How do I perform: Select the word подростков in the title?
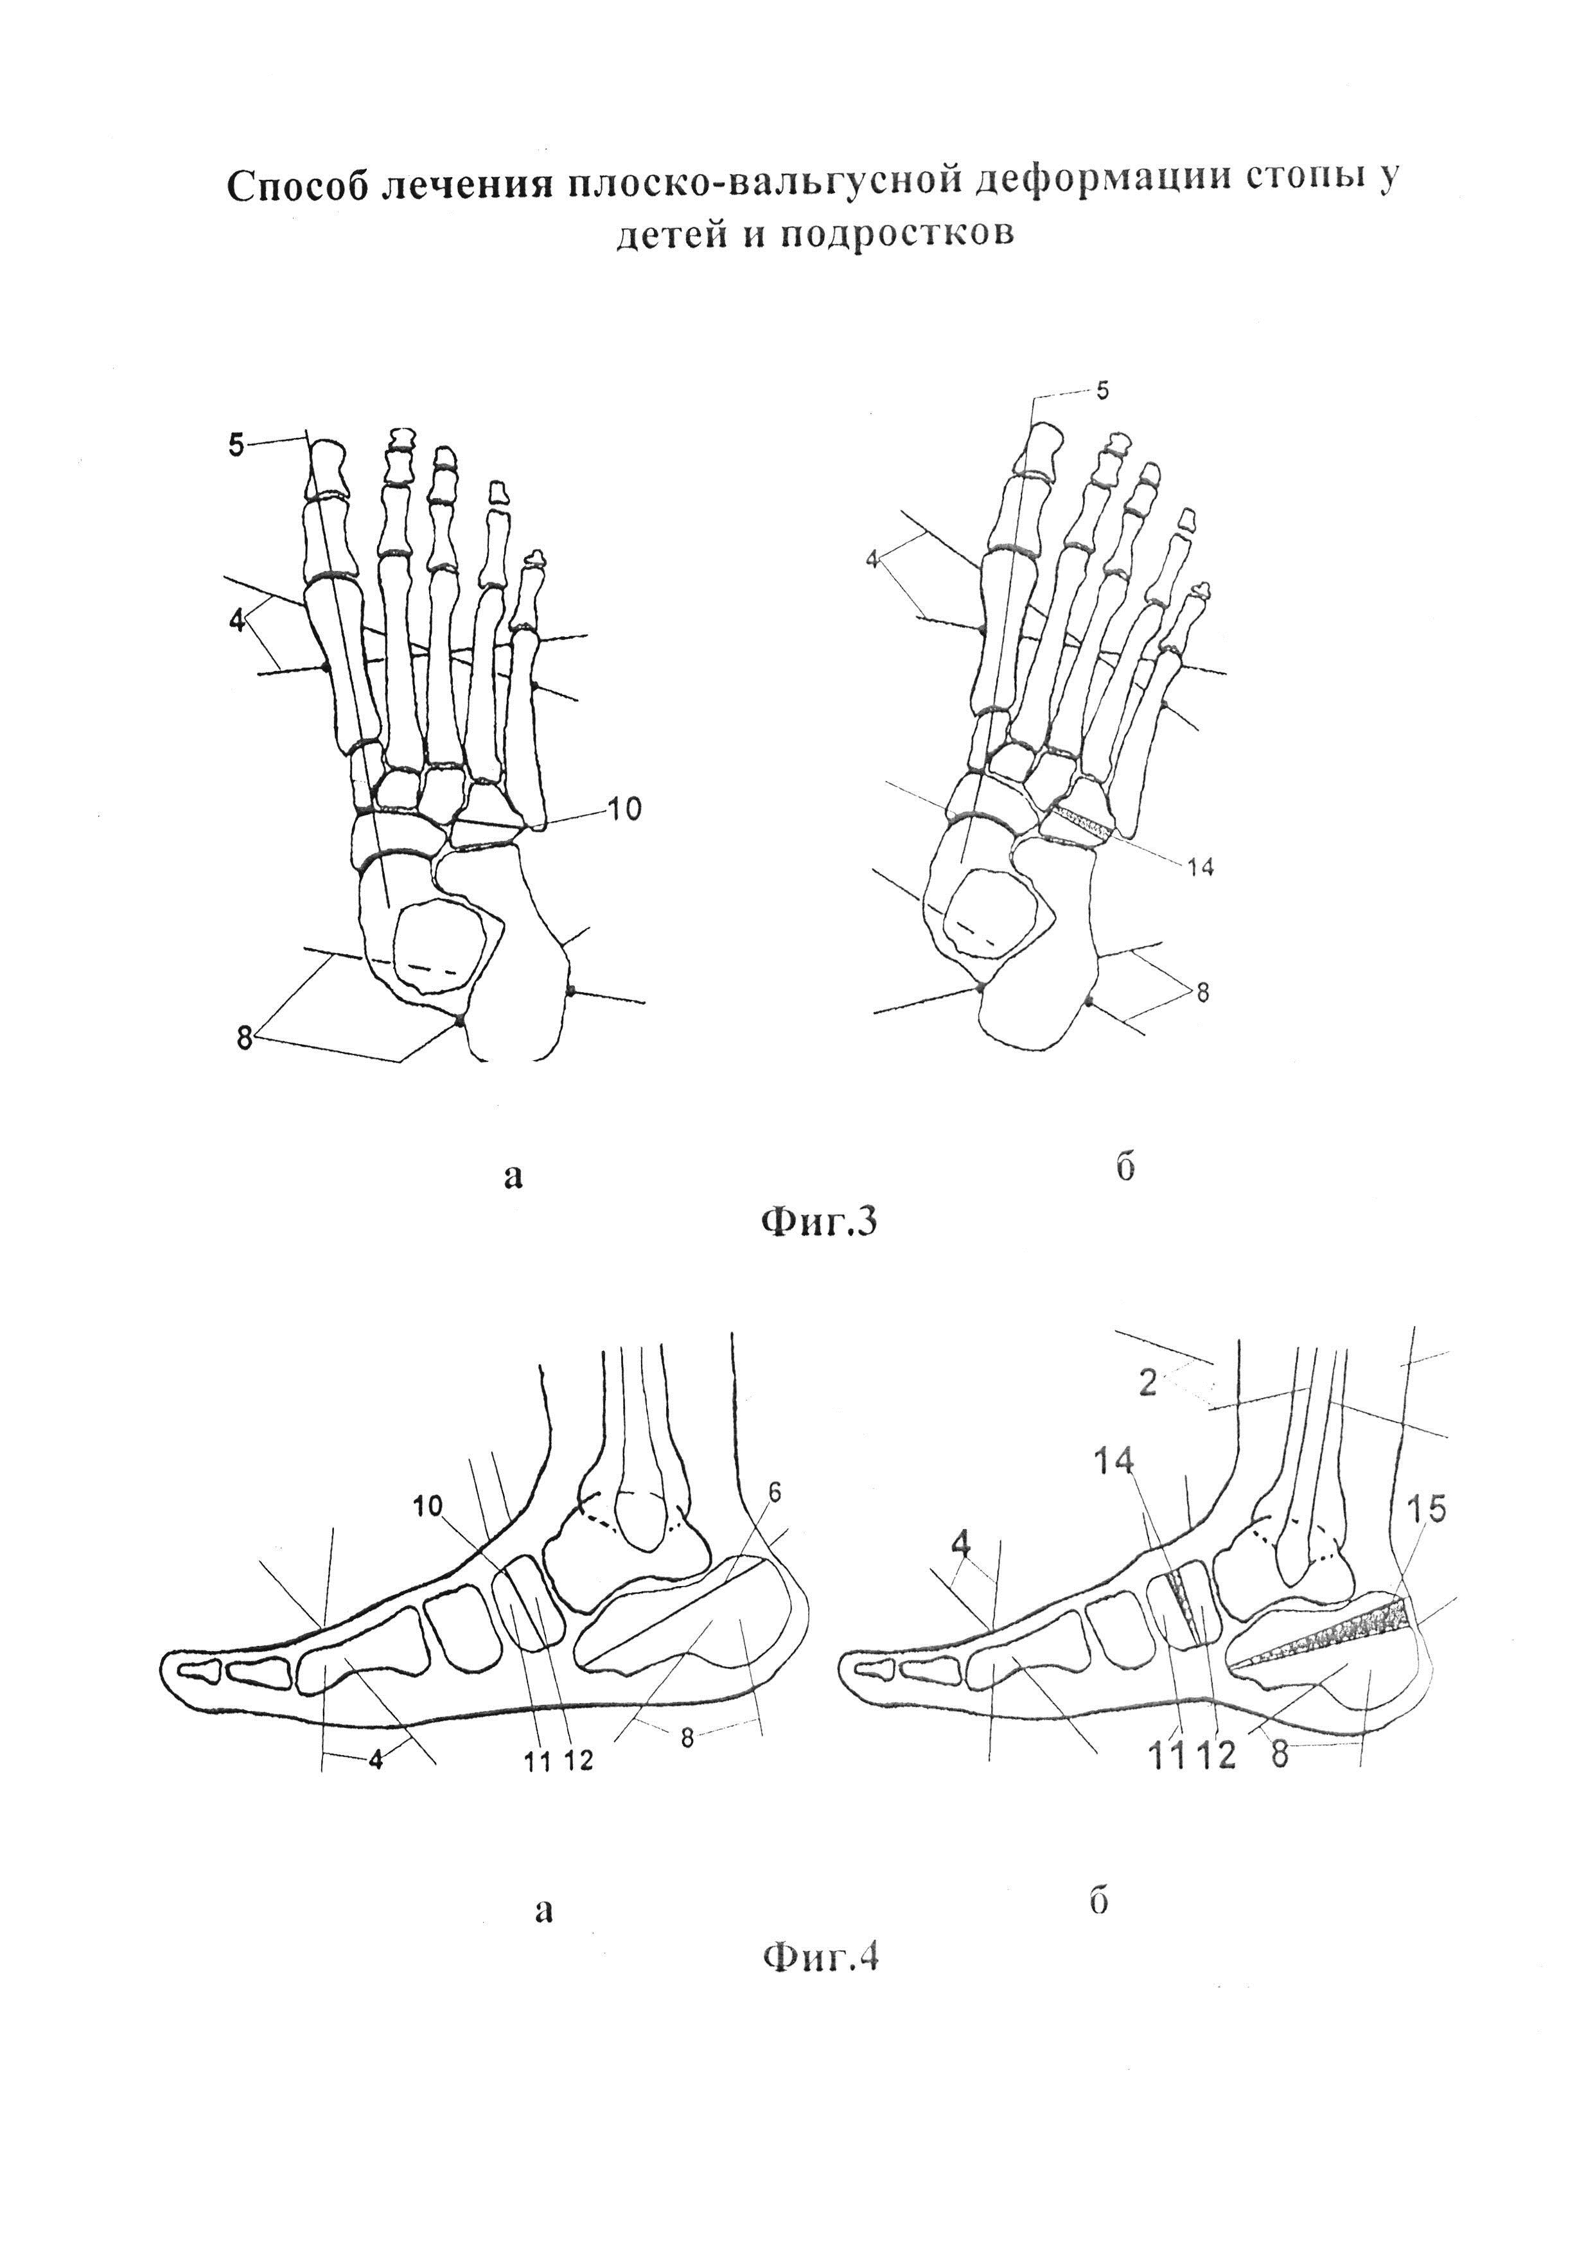(x=897, y=234)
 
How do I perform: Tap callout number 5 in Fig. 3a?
(x=236, y=444)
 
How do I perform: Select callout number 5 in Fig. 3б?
(x=1102, y=390)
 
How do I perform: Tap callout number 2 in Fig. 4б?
(x=1149, y=1384)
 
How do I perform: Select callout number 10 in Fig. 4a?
(x=428, y=1506)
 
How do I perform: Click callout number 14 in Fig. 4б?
(x=1113, y=1462)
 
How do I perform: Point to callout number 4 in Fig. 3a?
(x=236, y=622)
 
